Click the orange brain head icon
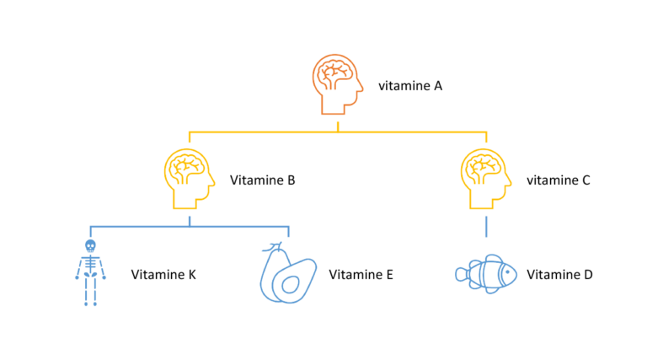pyautogui.click(x=338, y=85)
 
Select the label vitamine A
pyautogui.click(x=410, y=85)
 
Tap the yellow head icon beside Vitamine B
pyautogui.click(x=189, y=180)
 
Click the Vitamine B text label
pyautogui.click(x=262, y=180)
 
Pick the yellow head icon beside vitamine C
pyautogui.click(x=486, y=180)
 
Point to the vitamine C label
pyautogui.click(x=559, y=180)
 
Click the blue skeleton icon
pyautogui.click(x=90, y=271)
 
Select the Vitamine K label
pyautogui.click(x=163, y=275)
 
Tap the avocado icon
pyautogui.click(x=287, y=273)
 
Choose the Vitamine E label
pyautogui.click(x=361, y=275)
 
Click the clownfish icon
pyautogui.click(x=486, y=274)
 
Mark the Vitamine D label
pyautogui.click(x=559, y=275)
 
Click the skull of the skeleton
pyautogui.click(x=90, y=246)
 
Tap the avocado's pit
pyautogui.click(x=291, y=284)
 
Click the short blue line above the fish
pyautogui.click(x=486, y=227)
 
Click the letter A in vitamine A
pyautogui.click(x=438, y=85)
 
